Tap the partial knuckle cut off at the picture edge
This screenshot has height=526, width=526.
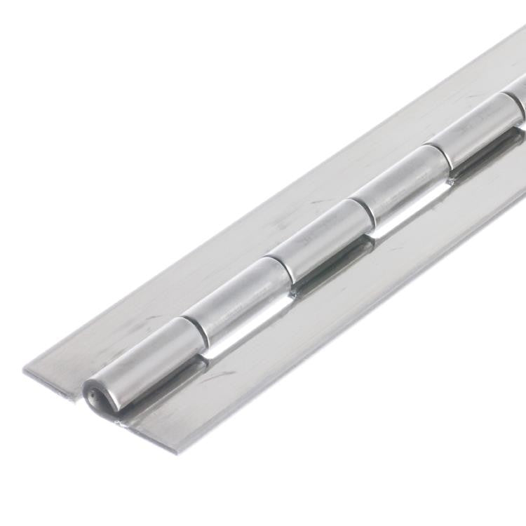pos(517,94)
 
